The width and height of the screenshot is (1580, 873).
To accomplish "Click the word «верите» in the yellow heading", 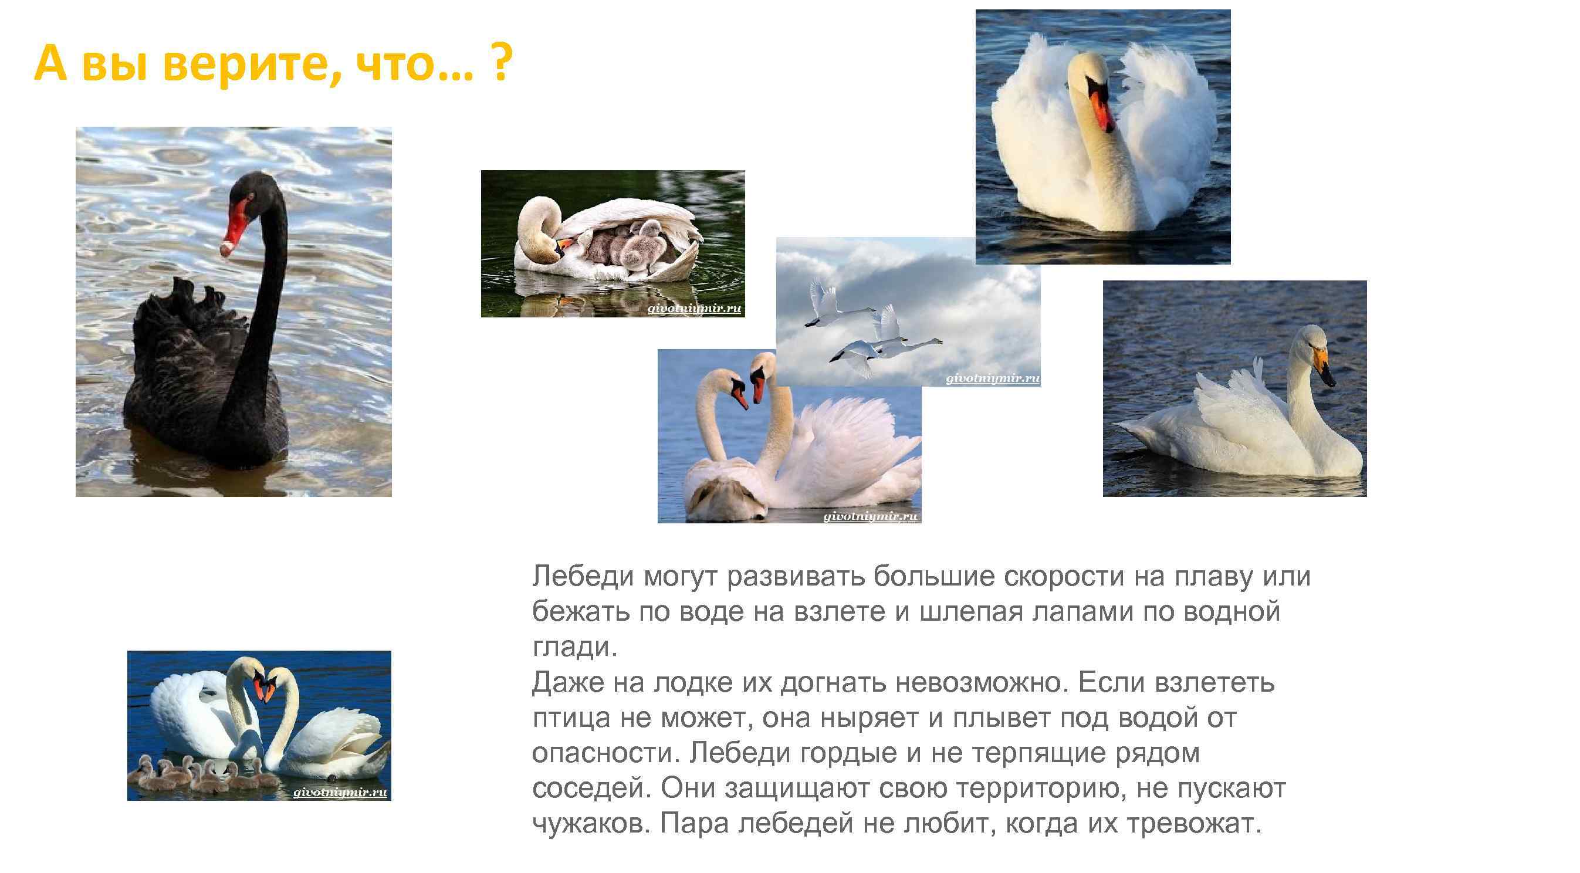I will [x=248, y=64].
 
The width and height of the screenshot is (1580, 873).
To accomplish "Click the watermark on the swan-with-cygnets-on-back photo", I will [x=693, y=309].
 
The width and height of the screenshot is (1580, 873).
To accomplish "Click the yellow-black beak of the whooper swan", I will [x=1323, y=365].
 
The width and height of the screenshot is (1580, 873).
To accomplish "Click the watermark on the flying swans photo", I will [x=992, y=378].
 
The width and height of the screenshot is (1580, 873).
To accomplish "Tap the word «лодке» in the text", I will [x=692, y=682].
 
